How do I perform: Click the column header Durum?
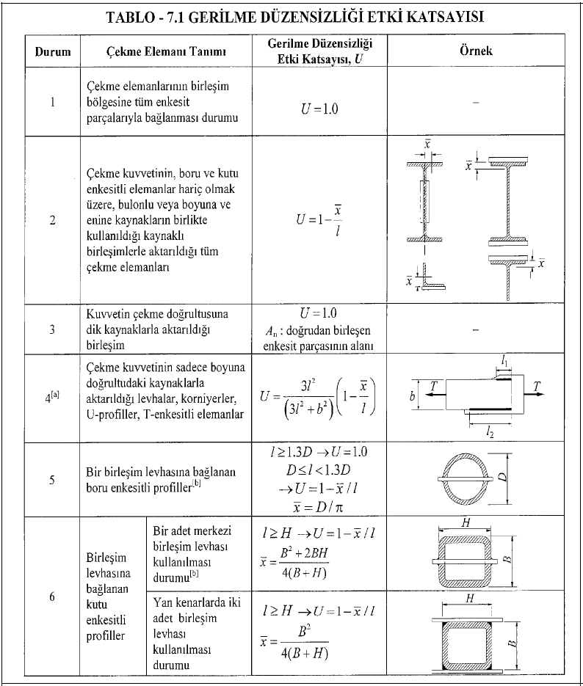click(52, 52)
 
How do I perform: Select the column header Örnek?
click(482, 51)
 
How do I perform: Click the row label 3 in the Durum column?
click(52, 329)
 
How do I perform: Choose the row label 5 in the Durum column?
click(52, 480)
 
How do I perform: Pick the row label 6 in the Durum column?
click(52, 596)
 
